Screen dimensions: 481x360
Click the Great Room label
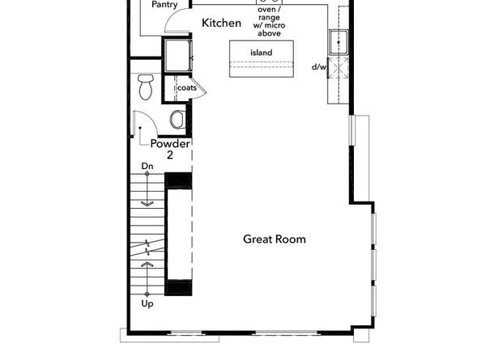(275, 239)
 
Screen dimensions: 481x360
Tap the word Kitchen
(222, 23)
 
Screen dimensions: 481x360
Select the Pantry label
(164, 5)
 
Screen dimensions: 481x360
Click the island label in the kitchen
(262, 53)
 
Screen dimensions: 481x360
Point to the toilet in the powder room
(146, 87)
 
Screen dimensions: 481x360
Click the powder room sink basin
(177, 120)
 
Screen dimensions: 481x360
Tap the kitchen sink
(338, 42)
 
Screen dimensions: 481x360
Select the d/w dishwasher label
(319, 66)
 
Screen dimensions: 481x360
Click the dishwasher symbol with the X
(338, 68)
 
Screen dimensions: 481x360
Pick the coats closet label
(187, 88)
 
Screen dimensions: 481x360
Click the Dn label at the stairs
(147, 167)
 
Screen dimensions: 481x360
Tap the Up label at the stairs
(147, 304)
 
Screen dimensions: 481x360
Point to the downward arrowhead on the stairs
(147, 204)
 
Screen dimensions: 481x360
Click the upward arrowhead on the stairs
(147, 264)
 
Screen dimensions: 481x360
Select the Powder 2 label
(170, 149)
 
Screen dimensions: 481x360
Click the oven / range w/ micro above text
(269, 22)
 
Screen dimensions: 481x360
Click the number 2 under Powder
(170, 155)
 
